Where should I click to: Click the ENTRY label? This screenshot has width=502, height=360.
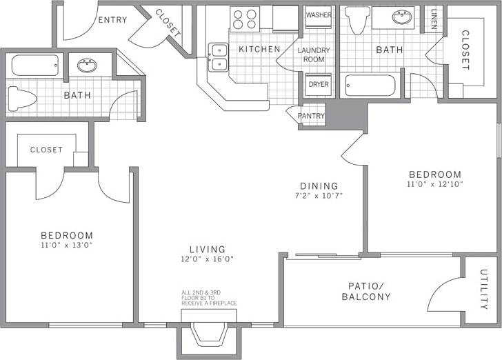coord(112,20)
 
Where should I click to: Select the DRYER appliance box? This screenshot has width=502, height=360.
coord(319,84)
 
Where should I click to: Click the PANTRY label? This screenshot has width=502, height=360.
coord(311,116)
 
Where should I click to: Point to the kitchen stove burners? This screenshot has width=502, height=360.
coord(245,18)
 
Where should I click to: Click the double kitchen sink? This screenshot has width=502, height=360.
coord(219,57)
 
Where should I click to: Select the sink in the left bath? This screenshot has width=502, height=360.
coord(87,66)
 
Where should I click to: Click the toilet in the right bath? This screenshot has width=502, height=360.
coord(357,21)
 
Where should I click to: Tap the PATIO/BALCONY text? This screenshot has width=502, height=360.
coord(366,291)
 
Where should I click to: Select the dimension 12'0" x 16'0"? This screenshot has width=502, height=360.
coord(208,259)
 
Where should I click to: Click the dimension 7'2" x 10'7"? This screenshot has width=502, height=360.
coord(319,195)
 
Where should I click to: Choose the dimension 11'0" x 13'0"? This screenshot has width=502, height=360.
coord(66,245)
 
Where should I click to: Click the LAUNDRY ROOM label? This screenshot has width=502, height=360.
coord(314,55)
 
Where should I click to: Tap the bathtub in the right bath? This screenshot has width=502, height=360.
coord(370,86)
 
